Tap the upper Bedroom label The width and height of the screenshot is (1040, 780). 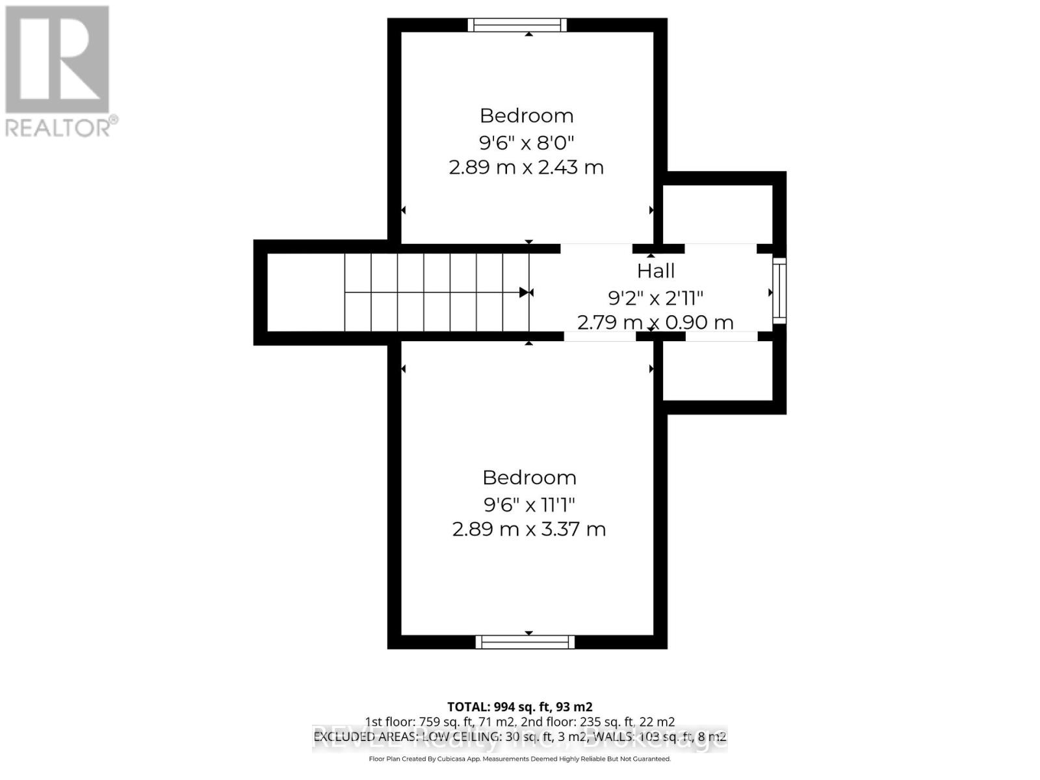click(526, 116)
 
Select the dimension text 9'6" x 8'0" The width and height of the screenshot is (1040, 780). click(526, 142)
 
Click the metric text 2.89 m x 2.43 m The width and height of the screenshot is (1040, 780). click(526, 167)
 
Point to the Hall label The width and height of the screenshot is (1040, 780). click(655, 270)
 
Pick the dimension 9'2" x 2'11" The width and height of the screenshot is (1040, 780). click(655, 298)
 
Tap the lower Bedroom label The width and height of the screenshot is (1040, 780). click(529, 478)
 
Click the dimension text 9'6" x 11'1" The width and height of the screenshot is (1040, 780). click(529, 504)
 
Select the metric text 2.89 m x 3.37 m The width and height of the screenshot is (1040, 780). click(529, 529)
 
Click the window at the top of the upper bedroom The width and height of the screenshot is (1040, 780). click(517, 25)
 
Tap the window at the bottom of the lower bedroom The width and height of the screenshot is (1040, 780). click(525, 642)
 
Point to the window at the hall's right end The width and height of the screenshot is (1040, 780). click(779, 291)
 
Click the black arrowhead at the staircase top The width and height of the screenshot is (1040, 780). click(525, 292)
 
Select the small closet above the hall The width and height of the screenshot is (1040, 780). click(718, 213)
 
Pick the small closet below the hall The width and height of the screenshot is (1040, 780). click(718, 369)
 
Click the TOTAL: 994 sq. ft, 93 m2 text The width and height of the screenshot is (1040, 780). click(519, 707)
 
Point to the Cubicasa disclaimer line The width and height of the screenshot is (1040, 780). click(519, 759)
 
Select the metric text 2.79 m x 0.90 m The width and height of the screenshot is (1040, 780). click(655, 322)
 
